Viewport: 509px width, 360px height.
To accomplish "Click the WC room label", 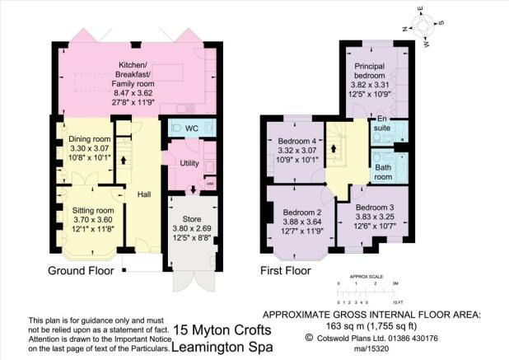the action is pyautogui.click(x=192, y=129).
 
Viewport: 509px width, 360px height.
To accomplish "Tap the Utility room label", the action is pyautogui.click(x=189, y=163).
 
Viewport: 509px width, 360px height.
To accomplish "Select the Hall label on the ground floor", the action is pyautogui.click(x=144, y=194).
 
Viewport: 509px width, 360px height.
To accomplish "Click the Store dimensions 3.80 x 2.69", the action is pyautogui.click(x=192, y=228).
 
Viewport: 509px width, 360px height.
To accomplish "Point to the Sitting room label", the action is pyautogui.click(x=93, y=210).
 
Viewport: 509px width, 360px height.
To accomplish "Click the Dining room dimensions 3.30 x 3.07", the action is pyautogui.click(x=90, y=148).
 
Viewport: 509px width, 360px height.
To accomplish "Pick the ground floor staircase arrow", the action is pyautogui.click(x=124, y=161).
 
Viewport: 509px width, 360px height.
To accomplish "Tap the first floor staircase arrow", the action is pyautogui.click(x=334, y=148).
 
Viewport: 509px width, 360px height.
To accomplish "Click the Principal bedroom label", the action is pyautogui.click(x=370, y=71).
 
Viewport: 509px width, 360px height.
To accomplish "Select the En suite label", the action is pyautogui.click(x=382, y=124).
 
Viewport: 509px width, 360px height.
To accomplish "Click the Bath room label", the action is pyautogui.click(x=383, y=172).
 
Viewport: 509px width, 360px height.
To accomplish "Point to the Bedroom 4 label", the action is pyautogui.click(x=297, y=141).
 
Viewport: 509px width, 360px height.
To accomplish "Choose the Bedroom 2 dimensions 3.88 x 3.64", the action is pyautogui.click(x=302, y=222).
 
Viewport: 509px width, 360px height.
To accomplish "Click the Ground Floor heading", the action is pyautogui.click(x=81, y=270).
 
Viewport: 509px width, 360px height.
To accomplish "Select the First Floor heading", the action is pyautogui.click(x=286, y=270).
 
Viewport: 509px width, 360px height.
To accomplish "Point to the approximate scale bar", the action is pyautogui.click(x=367, y=292).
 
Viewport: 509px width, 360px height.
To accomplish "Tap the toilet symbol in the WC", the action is pyautogui.click(x=176, y=127).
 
